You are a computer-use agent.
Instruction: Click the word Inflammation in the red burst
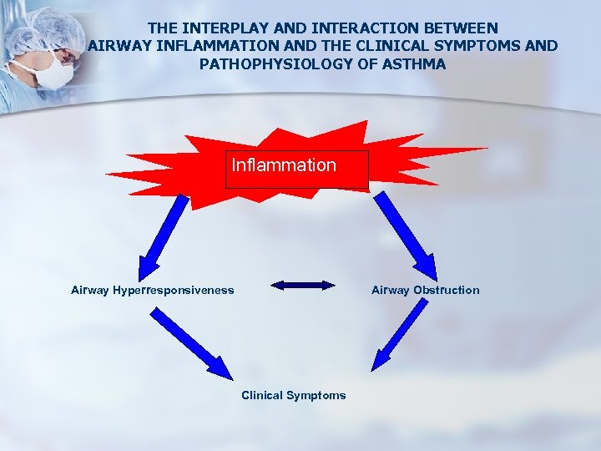(284, 165)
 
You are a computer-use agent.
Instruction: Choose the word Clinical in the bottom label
(261, 396)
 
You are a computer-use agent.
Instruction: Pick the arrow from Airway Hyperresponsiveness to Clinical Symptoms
(191, 343)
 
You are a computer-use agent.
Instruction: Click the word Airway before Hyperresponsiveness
(89, 291)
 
